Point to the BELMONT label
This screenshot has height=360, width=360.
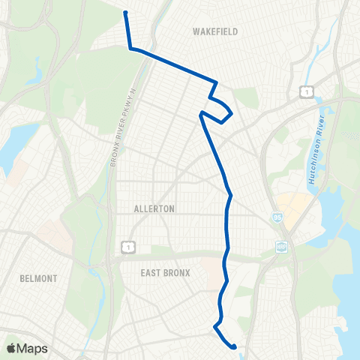[x=40, y=278]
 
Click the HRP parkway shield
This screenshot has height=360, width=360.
[x=281, y=245]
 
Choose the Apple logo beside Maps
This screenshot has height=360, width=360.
[x=11, y=348]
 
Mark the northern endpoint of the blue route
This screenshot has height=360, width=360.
[x=125, y=12]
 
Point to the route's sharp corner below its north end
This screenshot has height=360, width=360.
[x=131, y=49]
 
